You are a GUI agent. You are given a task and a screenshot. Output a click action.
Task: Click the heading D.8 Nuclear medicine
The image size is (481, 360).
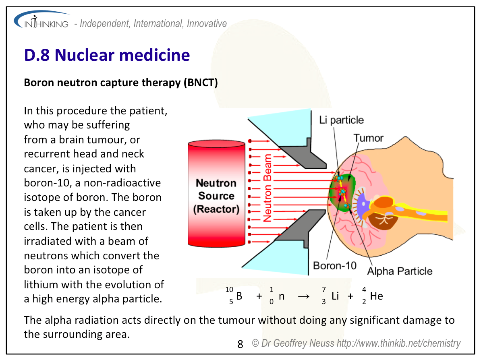tap(107, 55)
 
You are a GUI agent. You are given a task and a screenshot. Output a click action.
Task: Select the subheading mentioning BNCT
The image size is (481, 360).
tap(121, 83)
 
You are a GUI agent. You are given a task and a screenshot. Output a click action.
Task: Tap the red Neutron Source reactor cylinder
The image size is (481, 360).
tap(216, 193)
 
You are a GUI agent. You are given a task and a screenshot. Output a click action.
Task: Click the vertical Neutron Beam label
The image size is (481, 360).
tap(267, 187)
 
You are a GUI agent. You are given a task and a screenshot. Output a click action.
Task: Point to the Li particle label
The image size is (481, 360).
tap(341, 120)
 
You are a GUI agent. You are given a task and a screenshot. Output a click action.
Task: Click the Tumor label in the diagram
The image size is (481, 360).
tap(368, 138)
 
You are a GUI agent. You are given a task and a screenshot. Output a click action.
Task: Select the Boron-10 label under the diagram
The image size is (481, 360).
tap(335, 266)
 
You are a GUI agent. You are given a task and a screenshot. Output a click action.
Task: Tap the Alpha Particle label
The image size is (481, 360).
tap(400, 271)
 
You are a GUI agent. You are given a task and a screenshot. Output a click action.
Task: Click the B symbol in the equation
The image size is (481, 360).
tap(239, 296)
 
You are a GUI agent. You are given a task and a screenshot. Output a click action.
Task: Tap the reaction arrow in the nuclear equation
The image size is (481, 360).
tap(303, 296)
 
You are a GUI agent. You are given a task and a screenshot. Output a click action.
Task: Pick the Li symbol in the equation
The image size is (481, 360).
tap(335, 296)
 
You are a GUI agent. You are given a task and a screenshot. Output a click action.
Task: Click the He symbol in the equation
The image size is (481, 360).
tap(376, 296)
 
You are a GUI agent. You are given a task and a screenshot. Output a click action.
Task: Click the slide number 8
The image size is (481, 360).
tap(240, 344)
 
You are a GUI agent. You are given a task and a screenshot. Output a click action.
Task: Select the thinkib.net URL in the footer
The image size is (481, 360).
tap(398, 343)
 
